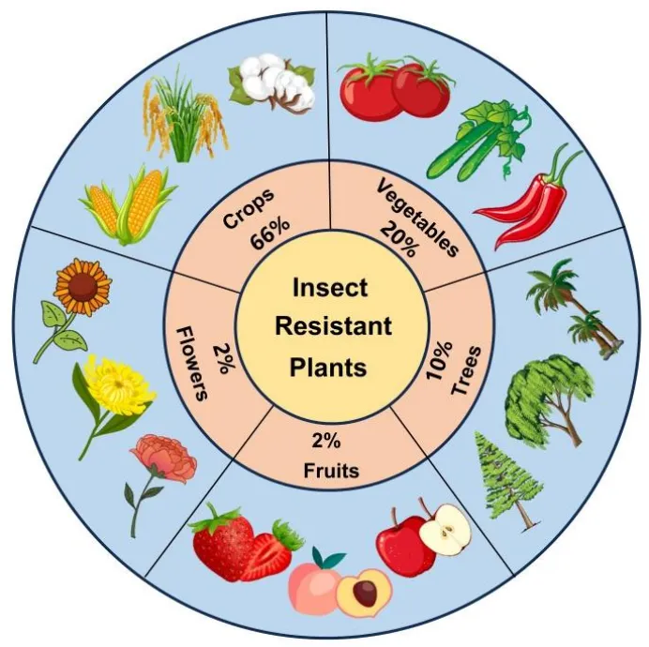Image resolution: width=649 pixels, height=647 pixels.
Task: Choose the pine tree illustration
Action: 506,478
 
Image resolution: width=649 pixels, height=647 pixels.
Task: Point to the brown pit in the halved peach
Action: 362,592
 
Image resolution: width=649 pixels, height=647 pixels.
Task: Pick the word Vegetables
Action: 417,218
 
